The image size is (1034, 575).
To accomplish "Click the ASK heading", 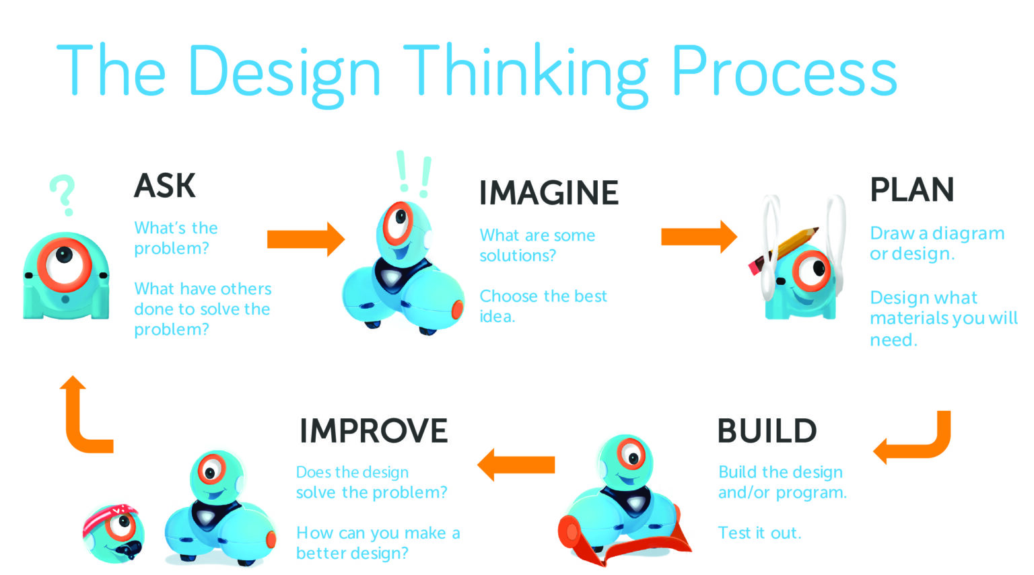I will [165, 186].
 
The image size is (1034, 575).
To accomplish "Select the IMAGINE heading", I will [548, 193].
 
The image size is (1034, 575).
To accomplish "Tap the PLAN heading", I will [911, 190].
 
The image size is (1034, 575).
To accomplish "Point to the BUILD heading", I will [767, 431].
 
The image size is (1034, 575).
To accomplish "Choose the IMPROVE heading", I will [373, 431].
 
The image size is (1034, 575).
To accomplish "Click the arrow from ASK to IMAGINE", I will [306, 239].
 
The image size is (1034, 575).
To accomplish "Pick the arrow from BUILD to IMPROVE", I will [516, 465].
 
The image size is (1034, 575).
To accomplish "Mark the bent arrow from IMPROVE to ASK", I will [84, 420].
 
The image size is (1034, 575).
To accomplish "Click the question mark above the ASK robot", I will [63, 194].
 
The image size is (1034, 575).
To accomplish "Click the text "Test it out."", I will [759, 533].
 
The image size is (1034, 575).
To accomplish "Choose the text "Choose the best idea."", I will [543, 306].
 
